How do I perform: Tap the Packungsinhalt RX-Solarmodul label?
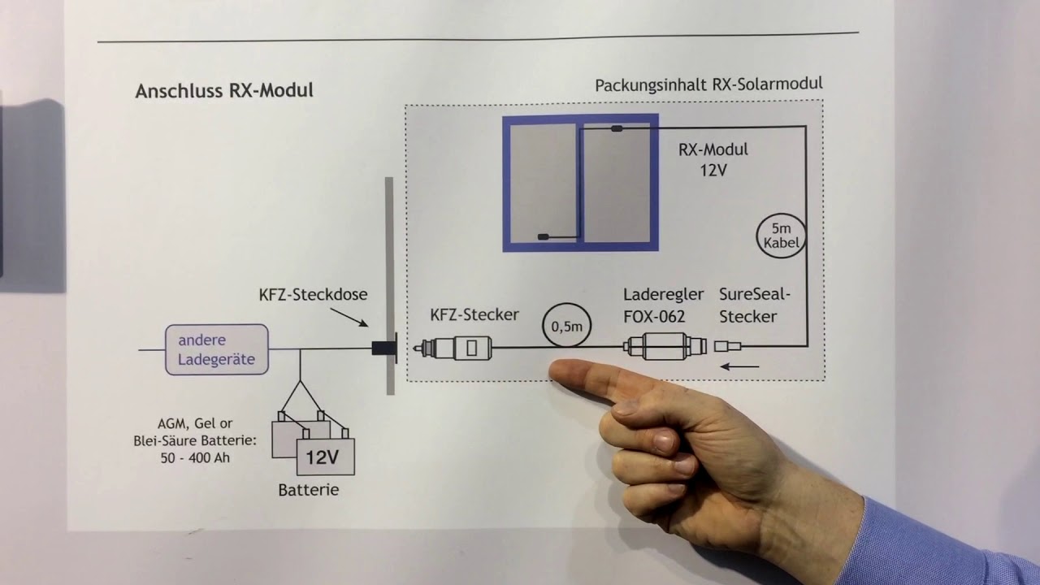[708, 84]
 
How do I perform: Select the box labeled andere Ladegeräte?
[216, 349]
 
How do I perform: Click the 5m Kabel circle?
[782, 234]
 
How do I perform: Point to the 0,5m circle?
[567, 326]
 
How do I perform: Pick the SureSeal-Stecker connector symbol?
[727, 347]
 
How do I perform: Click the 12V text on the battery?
[322, 457]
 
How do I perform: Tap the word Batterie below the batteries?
[308, 490]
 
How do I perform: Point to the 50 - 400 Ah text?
[194, 457]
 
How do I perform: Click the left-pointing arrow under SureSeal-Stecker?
[740, 367]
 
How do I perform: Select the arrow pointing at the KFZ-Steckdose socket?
[353, 321]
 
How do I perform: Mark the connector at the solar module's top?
[617, 128]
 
